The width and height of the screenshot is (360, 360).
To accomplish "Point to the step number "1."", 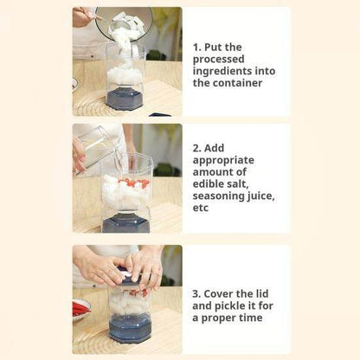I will (197, 47).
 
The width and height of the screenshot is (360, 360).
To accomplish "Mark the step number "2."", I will (197, 148).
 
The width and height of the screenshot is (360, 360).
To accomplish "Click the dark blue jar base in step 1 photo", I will (125, 98).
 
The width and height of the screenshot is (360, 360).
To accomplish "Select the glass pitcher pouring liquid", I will (93, 145).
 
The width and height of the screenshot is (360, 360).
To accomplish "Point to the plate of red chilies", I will (80, 308).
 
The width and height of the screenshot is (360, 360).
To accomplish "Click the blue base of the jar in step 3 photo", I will (130, 328).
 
